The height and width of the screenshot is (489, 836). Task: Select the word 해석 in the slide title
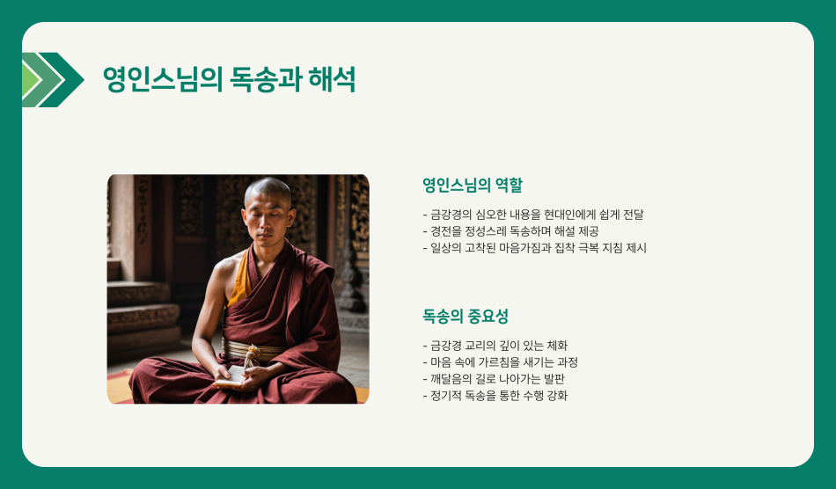[334, 80]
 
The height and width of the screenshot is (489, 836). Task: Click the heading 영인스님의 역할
[472, 185]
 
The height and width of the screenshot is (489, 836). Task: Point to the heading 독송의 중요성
[466, 316]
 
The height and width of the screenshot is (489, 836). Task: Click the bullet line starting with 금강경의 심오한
[533, 215]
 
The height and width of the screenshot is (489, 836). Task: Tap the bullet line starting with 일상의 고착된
[534, 248]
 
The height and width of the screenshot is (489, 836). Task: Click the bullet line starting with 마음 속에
[500, 362]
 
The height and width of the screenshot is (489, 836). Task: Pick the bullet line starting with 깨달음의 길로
[494, 379]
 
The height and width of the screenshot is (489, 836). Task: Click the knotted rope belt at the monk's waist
[252, 353]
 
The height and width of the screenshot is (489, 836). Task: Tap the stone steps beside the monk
[141, 308]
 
